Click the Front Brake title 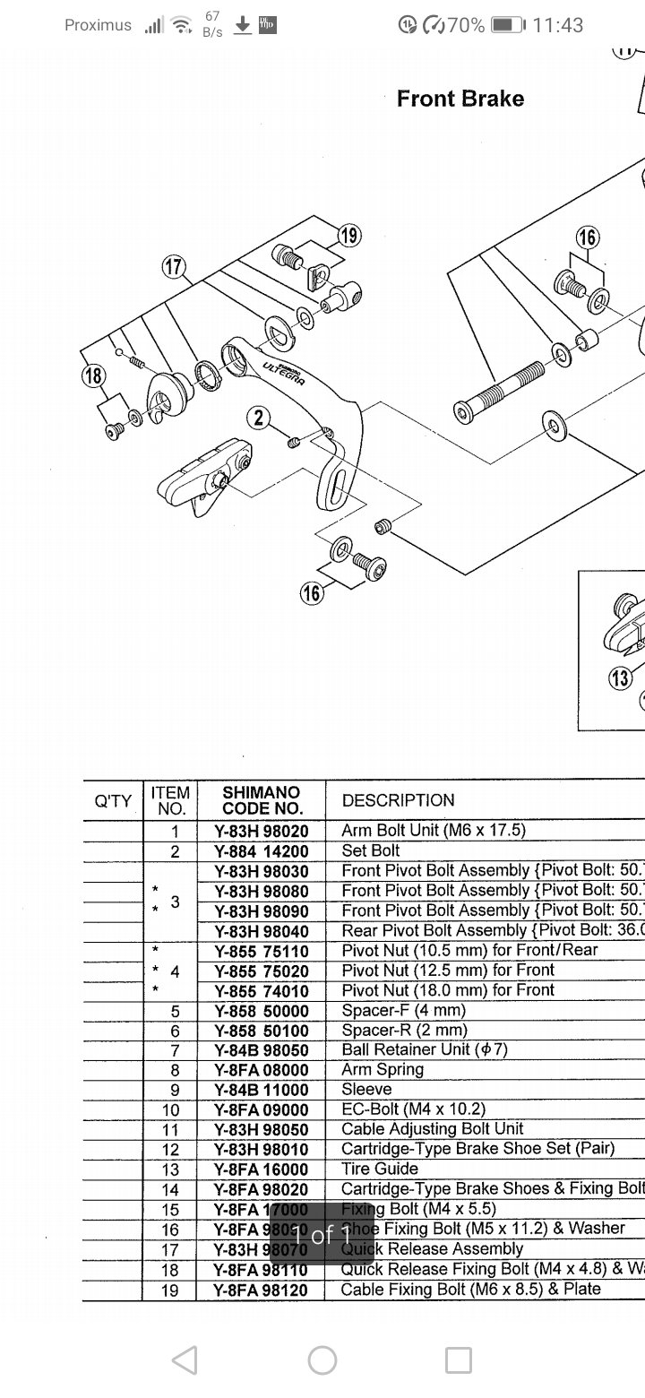pyautogui.click(x=460, y=99)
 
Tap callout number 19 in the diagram pyautogui.click(x=349, y=236)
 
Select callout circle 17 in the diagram pyautogui.click(x=173, y=266)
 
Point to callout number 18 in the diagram pyautogui.click(x=94, y=375)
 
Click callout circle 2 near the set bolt pyautogui.click(x=259, y=417)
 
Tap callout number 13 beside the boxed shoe pyautogui.click(x=620, y=678)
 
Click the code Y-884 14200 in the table pyautogui.click(x=261, y=850)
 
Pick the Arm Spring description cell pyautogui.click(x=383, y=1069)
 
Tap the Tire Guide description pyautogui.click(x=380, y=1169)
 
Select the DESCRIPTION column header pyautogui.click(x=398, y=800)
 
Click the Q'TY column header pyautogui.click(x=113, y=800)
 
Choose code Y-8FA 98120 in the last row pyautogui.click(x=261, y=1290)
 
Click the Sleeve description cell pyautogui.click(x=366, y=1089)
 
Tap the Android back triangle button pyautogui.click(x=185, y=1361)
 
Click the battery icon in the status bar pyautogui.click(x=507, y=25)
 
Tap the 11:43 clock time pyautogui.click(x=557, y=25)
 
